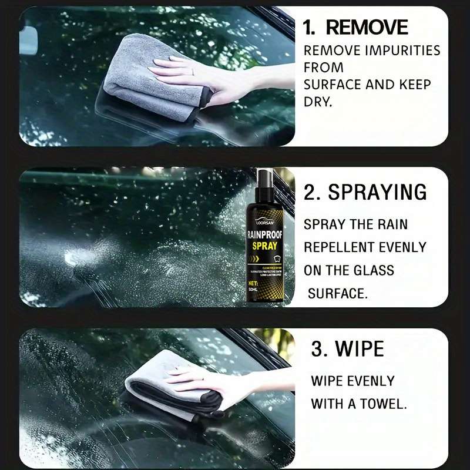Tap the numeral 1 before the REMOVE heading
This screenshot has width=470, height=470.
[308, 27]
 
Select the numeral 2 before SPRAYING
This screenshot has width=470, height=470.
[311, 192]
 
